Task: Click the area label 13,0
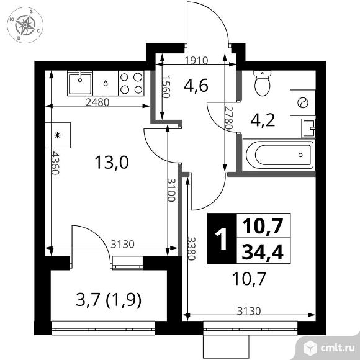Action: click(111, 163)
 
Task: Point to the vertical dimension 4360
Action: click(55, 163)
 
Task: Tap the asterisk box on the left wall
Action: click(59, 134)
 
